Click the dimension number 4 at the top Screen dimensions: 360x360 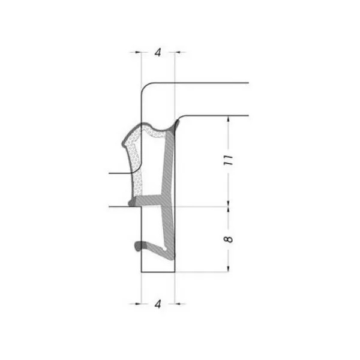coord(158,53)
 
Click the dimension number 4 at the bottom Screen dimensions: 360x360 coord(158,304)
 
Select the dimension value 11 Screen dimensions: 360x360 coord(229,160)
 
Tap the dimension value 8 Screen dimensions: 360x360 coord(228,239)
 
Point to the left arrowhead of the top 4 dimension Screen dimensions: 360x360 coord(138,52)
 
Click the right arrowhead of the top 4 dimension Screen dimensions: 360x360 coord(178,52)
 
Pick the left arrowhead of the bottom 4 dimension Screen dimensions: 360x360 coord(138,304)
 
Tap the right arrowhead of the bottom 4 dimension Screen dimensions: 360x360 coord(178,304)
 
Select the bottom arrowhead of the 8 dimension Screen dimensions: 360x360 coord(228,269)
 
